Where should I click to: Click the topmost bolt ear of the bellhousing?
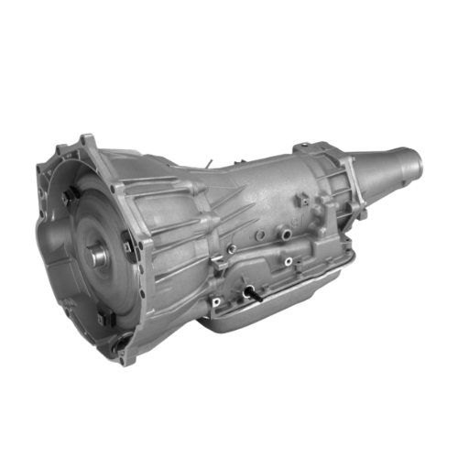(x=88, y=139)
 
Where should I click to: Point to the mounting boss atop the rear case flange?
(x=303, y=147)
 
